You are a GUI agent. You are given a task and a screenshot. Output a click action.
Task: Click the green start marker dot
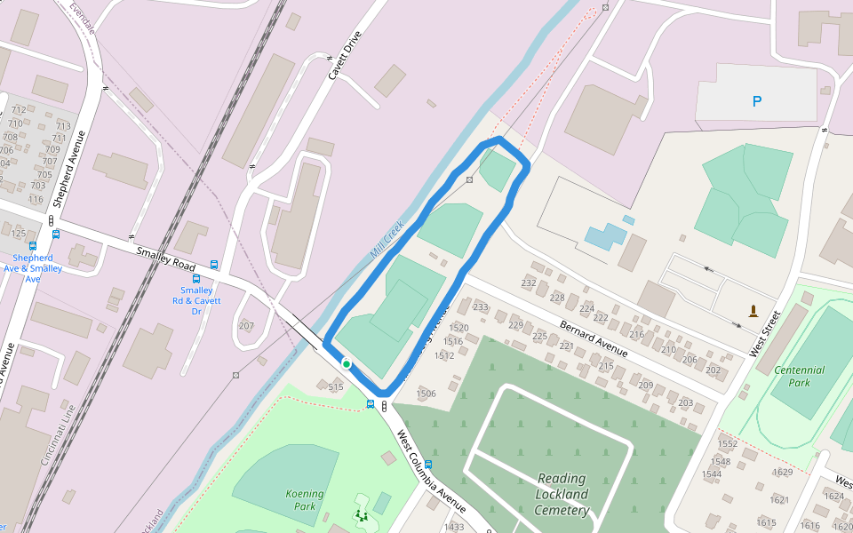346,363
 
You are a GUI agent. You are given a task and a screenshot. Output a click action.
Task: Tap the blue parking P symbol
757,101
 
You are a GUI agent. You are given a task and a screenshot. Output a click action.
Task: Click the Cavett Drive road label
346,56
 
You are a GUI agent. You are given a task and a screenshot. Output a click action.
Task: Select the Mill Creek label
387,239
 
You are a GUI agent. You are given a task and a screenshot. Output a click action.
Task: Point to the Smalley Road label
166,259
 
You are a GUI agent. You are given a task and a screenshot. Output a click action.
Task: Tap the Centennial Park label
799,376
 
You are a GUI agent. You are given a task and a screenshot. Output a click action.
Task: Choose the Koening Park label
305,499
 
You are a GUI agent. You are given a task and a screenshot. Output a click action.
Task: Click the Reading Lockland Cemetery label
562,494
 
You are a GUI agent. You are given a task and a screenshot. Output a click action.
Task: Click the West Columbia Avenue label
431,472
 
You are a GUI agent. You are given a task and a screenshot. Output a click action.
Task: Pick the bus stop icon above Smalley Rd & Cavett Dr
214,265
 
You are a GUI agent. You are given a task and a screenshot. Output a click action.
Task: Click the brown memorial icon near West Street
753,311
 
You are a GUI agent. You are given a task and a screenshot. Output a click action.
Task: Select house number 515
335,386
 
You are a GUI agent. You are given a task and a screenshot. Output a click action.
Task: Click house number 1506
426,394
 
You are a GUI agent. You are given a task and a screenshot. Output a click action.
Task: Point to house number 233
481,307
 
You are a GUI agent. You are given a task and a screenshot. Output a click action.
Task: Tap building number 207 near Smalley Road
246,326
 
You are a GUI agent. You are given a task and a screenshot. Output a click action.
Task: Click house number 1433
454,527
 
